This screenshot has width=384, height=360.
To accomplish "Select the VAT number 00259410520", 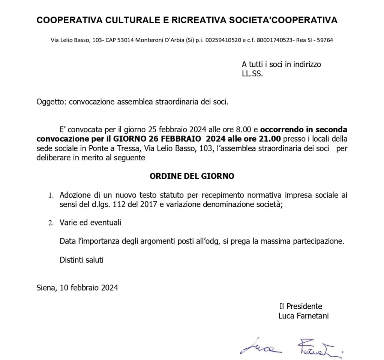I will tap(224, 40).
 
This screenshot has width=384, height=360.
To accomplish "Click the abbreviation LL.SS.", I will tap(252, 74).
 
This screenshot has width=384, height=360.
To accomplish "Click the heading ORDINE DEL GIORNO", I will tap(192, 176).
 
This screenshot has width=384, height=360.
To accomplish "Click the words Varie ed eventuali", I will tap(90, 223).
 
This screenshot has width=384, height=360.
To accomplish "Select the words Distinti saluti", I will tap(81, 260).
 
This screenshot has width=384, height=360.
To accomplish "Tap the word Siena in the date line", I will tap(46, 288).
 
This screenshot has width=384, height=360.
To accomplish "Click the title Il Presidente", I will tap(300, 306).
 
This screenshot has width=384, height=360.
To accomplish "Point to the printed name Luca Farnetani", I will tap(303, 316).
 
